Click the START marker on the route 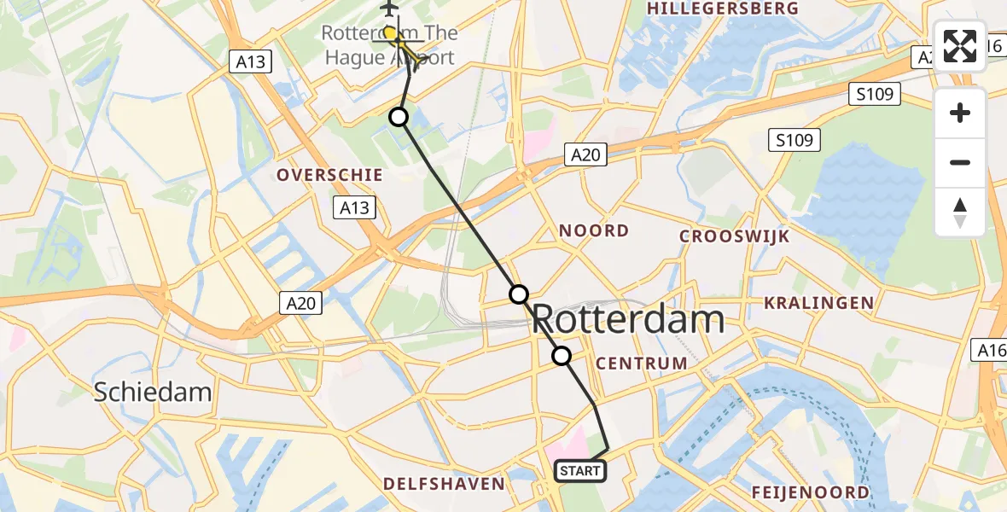(580, 470)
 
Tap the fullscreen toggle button (960, 45)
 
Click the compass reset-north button (960, 212)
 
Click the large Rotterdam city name (628, 320)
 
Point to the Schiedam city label (153, 392)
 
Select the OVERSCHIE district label (329, 175)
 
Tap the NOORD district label (593, 230)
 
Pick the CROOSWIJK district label (735, 236)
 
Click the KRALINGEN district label (819, 303)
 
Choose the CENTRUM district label (642, 364)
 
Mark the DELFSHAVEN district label (444, 484)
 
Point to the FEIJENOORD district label (811, 492)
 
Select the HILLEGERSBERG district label (724, 9)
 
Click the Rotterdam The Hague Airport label (389, 45)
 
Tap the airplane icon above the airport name (389, 8)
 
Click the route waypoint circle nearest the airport (399, 117)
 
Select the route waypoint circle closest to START (562, 356)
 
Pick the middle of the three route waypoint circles (519, 294)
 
